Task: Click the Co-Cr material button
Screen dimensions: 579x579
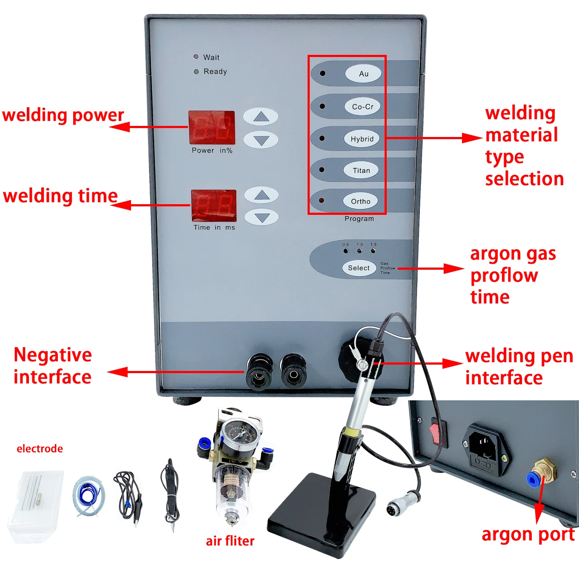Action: click(362, 107)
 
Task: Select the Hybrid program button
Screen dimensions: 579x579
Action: click(362, 139)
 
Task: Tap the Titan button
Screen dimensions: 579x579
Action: click(361, 171)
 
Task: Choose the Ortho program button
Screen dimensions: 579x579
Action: click(360, 201)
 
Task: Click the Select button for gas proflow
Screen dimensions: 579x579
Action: click(359, 268)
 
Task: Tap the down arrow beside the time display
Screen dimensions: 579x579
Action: click(262, 218)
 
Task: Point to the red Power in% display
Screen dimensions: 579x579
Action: click(212, 128)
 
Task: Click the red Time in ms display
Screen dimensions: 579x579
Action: click(214, 205)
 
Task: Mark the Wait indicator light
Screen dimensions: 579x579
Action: click(196, 57)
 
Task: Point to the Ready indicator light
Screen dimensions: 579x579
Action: click(196, 71)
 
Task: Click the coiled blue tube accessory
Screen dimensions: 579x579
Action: click(88, 496)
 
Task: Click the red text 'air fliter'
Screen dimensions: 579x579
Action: click(230, 541)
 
